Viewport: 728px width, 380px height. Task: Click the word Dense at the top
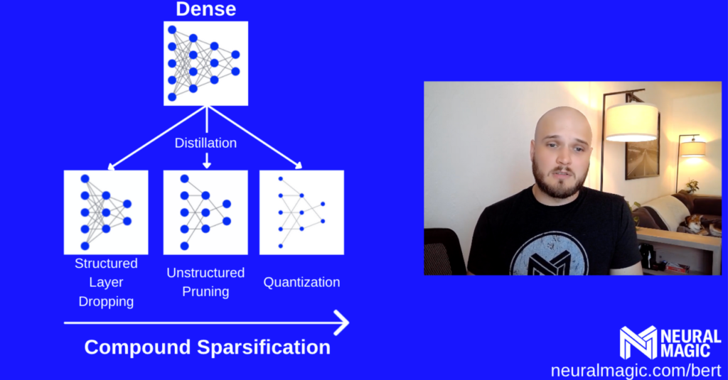pyautogui.click(x=205, y=9)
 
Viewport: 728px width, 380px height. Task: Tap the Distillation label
pyautogui.click(x=205, y=143)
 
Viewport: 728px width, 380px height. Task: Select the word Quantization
pyautogui.click(x=301, y=282)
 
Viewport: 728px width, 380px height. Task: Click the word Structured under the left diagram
pyautogui.click(x=106, y=264)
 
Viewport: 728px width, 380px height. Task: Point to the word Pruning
pyautogui.click(x=205, y=292)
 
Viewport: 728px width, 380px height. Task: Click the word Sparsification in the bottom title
pyautogui.click(x=264, y=347)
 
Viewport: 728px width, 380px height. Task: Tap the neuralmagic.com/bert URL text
pyautogui.click(x=636, y=371)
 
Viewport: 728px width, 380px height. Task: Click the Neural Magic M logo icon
pyautogui.click(x=638, y=342)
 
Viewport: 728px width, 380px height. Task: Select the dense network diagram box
pyautogui.click(x=205, y=63)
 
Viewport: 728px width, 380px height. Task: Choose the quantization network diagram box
pyautogui.click(x=301, y=212)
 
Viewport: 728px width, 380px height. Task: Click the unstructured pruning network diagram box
pyautogui.click(x=205, y=212)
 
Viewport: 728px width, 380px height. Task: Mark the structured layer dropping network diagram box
pyautogui.click(x=106, y=212)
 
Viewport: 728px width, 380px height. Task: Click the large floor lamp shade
pyautogui.click(x=631, y=122)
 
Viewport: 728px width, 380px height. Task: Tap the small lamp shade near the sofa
pyautogui.click(x=693, y=149)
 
